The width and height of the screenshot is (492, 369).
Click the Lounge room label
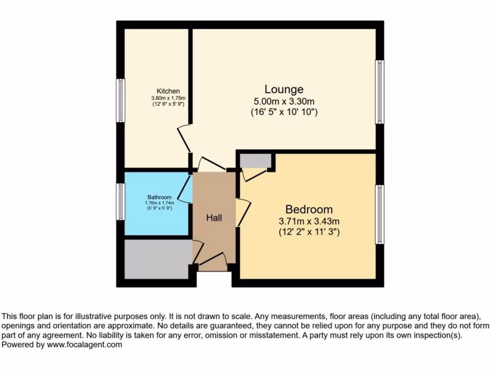(284, 89)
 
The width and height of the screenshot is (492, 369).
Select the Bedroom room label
(309, 209)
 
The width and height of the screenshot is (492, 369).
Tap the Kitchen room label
(168, 91)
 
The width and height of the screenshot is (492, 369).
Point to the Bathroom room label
(159, 197)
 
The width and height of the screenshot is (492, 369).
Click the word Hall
(214, 218)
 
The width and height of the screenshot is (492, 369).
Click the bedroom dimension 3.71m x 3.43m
(309, 221)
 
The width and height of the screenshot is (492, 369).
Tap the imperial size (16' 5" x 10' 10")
(284, 112)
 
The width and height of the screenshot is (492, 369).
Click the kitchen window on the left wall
(121, 100)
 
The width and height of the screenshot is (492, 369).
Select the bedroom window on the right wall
(380, 214)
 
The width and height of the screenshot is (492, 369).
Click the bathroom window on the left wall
(121, 202)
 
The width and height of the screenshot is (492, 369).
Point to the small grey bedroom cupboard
(254, 161)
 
